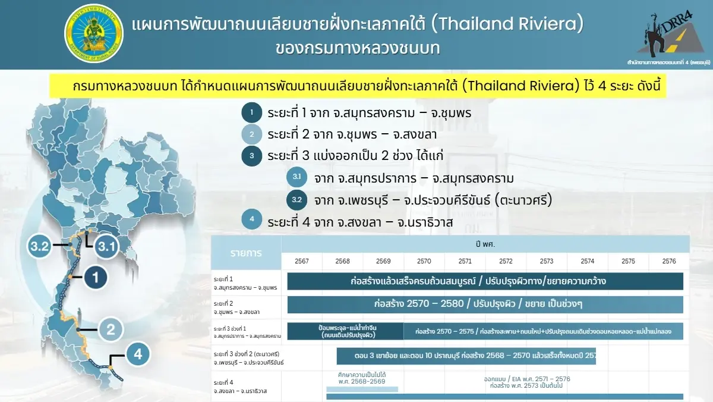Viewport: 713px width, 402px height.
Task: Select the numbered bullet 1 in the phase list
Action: point(251,112)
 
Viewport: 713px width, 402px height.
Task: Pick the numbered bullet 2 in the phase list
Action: point(251,134)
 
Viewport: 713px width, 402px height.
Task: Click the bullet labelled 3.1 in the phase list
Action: point(296,178)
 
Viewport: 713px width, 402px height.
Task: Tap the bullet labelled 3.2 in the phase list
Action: point(296,200)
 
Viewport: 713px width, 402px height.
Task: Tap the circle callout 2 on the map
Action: point(111,328)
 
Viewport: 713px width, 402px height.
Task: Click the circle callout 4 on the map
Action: point(138,355)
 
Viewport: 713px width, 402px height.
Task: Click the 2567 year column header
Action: point(302,261)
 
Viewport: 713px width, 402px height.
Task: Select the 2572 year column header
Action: point(506,261)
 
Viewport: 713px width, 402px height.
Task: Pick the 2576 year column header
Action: point(669,261)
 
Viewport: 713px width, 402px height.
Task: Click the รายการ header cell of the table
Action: point(246,253)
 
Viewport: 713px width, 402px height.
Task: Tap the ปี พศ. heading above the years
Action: point(485,244)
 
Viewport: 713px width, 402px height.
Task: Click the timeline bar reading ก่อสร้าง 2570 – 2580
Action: point(485,304)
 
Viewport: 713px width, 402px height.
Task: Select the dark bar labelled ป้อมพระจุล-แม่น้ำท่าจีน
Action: point(345,331)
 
